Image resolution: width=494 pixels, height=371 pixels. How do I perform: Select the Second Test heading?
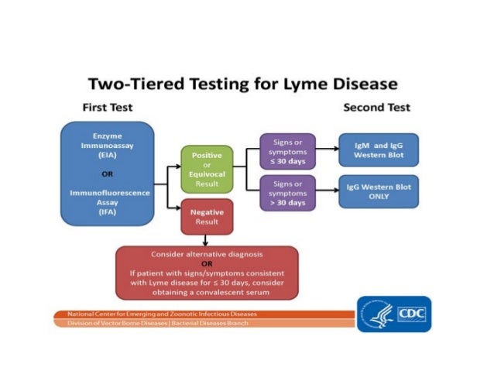tap(376, 107)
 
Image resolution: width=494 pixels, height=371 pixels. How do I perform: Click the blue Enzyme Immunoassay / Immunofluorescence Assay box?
tap(108, 173)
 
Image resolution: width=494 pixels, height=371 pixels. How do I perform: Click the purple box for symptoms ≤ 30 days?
tap(288, 149)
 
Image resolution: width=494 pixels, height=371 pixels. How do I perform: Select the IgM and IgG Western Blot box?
tap(379, 149)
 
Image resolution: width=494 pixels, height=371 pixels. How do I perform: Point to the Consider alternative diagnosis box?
tap(207, 273)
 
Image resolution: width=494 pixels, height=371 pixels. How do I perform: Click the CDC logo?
tap(393, 313)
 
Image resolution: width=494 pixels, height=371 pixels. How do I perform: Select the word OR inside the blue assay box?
tap(108, 173)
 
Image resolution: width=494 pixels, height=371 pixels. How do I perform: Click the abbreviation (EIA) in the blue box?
tap(108, 155)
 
